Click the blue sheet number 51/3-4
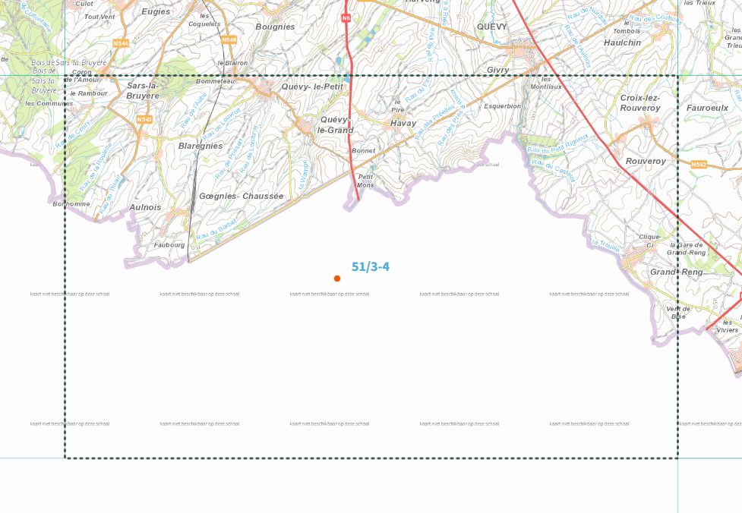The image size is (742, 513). tap(371, 266)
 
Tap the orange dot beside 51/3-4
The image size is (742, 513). tap(337, 279)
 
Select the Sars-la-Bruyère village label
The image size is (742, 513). tap(143, 90)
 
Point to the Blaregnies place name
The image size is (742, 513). tap(200, 146)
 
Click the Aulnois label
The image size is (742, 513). tap(145, 207)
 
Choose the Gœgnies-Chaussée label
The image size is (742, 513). tap(241, 196)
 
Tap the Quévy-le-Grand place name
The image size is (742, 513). tap(335, 124)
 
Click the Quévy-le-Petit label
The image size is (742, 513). tap(312, 87)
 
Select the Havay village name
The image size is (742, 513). tap(403, 123)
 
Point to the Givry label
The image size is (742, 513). tap(498, 70)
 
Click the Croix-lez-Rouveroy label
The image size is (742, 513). tap(640, 102)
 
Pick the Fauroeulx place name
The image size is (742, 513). tap(707, 108)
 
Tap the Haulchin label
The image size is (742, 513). tap(622, 42)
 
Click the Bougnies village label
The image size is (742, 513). tap(275, 27)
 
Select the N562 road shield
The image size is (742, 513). tap(699, 164)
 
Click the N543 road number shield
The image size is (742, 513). tap(144, 119)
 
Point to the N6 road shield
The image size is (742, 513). tap(346, 17)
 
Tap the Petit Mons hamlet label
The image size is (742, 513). tap(365, 181)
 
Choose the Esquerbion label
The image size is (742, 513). tap(503, 106)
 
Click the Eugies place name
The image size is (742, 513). tap(156, 11)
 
